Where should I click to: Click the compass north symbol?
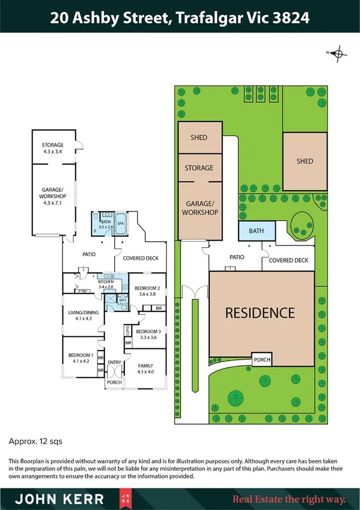(x=338, y=54)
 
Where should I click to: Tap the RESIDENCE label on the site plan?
(x=260, y=313)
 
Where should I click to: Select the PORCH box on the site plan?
(x=263, y=360)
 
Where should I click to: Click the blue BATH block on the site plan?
(x=257, y=230)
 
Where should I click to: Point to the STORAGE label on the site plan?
(x=199, y=168)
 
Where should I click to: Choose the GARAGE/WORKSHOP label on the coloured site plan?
(x=199, y=207)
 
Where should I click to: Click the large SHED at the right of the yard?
(x=305, y=161)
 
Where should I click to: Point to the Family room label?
(x=145, y=366)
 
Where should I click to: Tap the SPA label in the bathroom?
(x=121, y=223)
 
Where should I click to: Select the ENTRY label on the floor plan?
(x=114, y=362)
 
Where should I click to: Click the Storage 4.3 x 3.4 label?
(x=52, y=148)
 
